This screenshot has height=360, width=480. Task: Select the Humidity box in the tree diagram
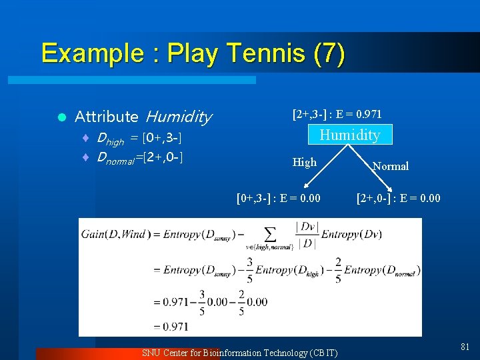click(x=350, y=135)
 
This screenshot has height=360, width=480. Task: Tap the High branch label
click(x=305, y=162)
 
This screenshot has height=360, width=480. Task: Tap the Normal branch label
click(x=391, y=166)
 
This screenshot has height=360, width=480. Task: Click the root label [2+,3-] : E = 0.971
click(x=337, y=115)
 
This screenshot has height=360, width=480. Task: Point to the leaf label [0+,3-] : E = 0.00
click(x=279, y=198)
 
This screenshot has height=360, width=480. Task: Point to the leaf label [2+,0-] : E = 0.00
click(x=399, y=198)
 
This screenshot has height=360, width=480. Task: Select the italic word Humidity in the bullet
click(x=178, y=117)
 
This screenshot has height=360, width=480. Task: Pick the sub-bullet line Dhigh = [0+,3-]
click(x=140, y=139)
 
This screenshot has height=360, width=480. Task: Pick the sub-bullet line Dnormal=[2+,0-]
click(x=140, y=158)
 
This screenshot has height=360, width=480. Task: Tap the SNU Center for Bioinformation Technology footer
click(x=240, y=353)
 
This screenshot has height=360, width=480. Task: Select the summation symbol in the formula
click(x=269, y=234)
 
